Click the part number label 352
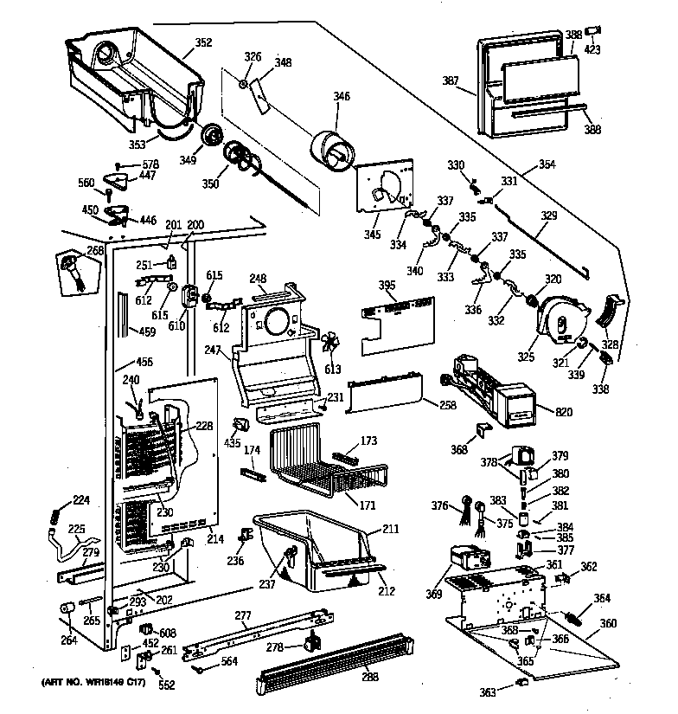[x=203, y=42]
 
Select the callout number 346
[x=342, y=96]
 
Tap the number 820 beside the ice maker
[x=565, y=412]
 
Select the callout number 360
[x=608, y=624]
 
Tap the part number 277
[x=243, y=615]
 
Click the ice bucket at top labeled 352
[x=130, y=78]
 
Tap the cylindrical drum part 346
[x=330, y=153]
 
